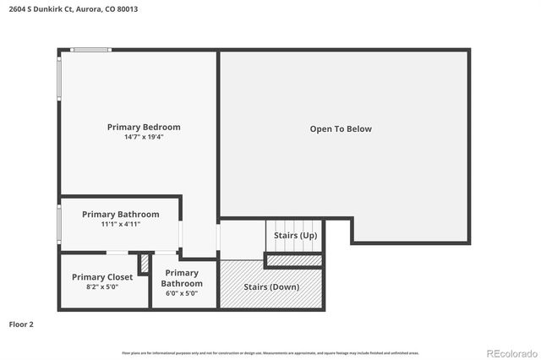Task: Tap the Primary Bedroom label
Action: (x=144, y=127)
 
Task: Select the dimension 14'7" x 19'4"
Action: (x=144, y=137)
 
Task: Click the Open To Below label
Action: (x=341, y=128)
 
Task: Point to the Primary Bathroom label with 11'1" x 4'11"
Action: (x=120, y=214)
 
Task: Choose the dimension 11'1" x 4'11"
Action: (x=120, y=224)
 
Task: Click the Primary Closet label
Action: (x=101, y=276)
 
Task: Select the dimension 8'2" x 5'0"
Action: (x=101, y=287)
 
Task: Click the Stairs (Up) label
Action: (x=296, y=235)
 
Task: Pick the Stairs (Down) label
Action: (x=271, y=286)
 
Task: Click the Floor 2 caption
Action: (x=21, y=324)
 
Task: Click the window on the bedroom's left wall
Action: (x=59, y=88)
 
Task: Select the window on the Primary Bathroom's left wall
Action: (x=59, y=225)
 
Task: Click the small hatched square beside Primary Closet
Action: (x=145, y=264)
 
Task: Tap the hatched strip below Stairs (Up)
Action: (x=295, y=260)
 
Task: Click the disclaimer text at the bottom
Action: (x=270, y=352)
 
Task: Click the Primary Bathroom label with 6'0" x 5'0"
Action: (x=182, y=278)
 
